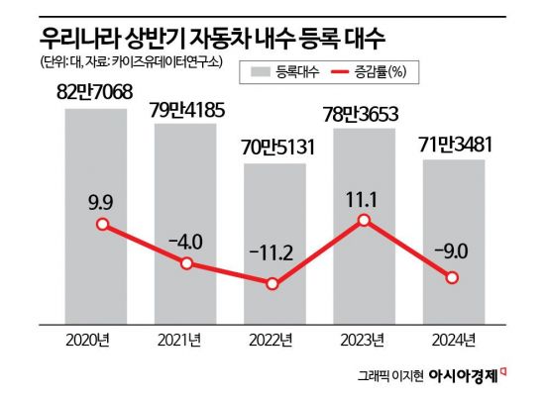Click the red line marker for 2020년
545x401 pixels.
point(96,224)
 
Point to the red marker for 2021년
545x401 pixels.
point(185,263)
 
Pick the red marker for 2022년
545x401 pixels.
point(274,284)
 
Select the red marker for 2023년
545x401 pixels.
point(364,220)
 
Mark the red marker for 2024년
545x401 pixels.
point(453,278)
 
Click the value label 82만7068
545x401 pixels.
point(96,93)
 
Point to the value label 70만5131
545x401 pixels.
point(274,150)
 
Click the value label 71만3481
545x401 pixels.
point(453,146)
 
